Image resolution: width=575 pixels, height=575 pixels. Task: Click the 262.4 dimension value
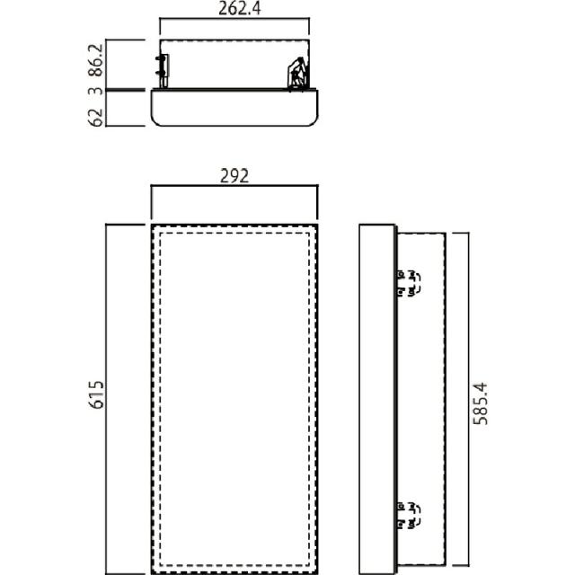click(240, 8)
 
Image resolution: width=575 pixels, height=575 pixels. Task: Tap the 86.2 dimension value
click(96, 60)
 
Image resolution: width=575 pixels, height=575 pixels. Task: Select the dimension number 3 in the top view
click(96, 91)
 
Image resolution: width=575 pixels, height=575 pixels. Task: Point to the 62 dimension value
click(96, 118)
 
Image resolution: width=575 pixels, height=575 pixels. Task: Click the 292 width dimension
click(234, 176)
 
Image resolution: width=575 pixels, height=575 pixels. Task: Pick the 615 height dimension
click(97, 394)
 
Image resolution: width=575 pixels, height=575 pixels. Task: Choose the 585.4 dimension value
click(481, 403)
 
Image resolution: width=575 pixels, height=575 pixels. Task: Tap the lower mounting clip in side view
click(409, 516)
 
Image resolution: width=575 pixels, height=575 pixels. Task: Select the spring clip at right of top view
click(297, 75)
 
